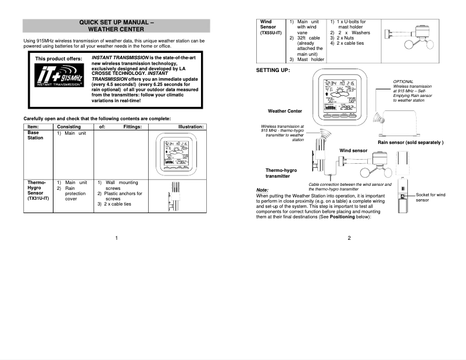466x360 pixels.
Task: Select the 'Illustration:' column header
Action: [191, 127]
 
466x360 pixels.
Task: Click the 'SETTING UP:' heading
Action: [273, 70]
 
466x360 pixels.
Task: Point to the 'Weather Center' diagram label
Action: [285, 111]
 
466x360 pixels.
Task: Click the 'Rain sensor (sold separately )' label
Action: [410, 142]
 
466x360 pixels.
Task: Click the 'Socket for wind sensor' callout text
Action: [430, 197]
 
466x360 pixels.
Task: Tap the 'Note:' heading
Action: [262, 190]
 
